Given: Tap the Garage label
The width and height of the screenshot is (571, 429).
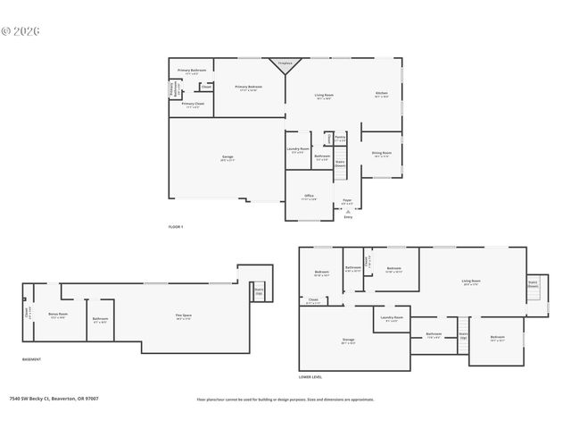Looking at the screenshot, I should [x=228, y=157].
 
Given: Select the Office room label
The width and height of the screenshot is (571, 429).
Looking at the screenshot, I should [x=308, y=198].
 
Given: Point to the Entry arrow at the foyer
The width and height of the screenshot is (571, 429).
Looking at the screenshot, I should [x=348, y=211].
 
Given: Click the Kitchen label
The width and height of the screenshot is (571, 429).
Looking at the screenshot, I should [x=381, y=94].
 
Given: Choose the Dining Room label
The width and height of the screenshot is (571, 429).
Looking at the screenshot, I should [x=381, y=154].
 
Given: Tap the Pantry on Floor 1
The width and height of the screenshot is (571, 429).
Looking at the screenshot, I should [x=340, y=139].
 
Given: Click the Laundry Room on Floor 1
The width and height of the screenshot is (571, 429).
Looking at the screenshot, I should [x=298, y=149].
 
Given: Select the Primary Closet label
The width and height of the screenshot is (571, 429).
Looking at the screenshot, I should [x=191, y=105].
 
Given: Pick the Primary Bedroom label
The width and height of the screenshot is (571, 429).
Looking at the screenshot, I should [x=247, y=88].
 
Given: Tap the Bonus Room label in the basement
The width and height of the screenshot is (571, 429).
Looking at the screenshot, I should [x=58, y=290].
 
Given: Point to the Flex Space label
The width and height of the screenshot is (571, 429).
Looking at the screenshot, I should [x=183, y=317].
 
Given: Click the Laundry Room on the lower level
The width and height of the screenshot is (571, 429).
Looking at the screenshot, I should [x=393, y=318].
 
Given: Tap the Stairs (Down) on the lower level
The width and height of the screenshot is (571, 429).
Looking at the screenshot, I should [x=533, y=286].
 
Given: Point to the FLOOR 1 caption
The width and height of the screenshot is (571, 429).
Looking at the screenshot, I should [x=176, y=227].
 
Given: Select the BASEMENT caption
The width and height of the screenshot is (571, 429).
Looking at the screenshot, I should [x=31, y=359].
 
